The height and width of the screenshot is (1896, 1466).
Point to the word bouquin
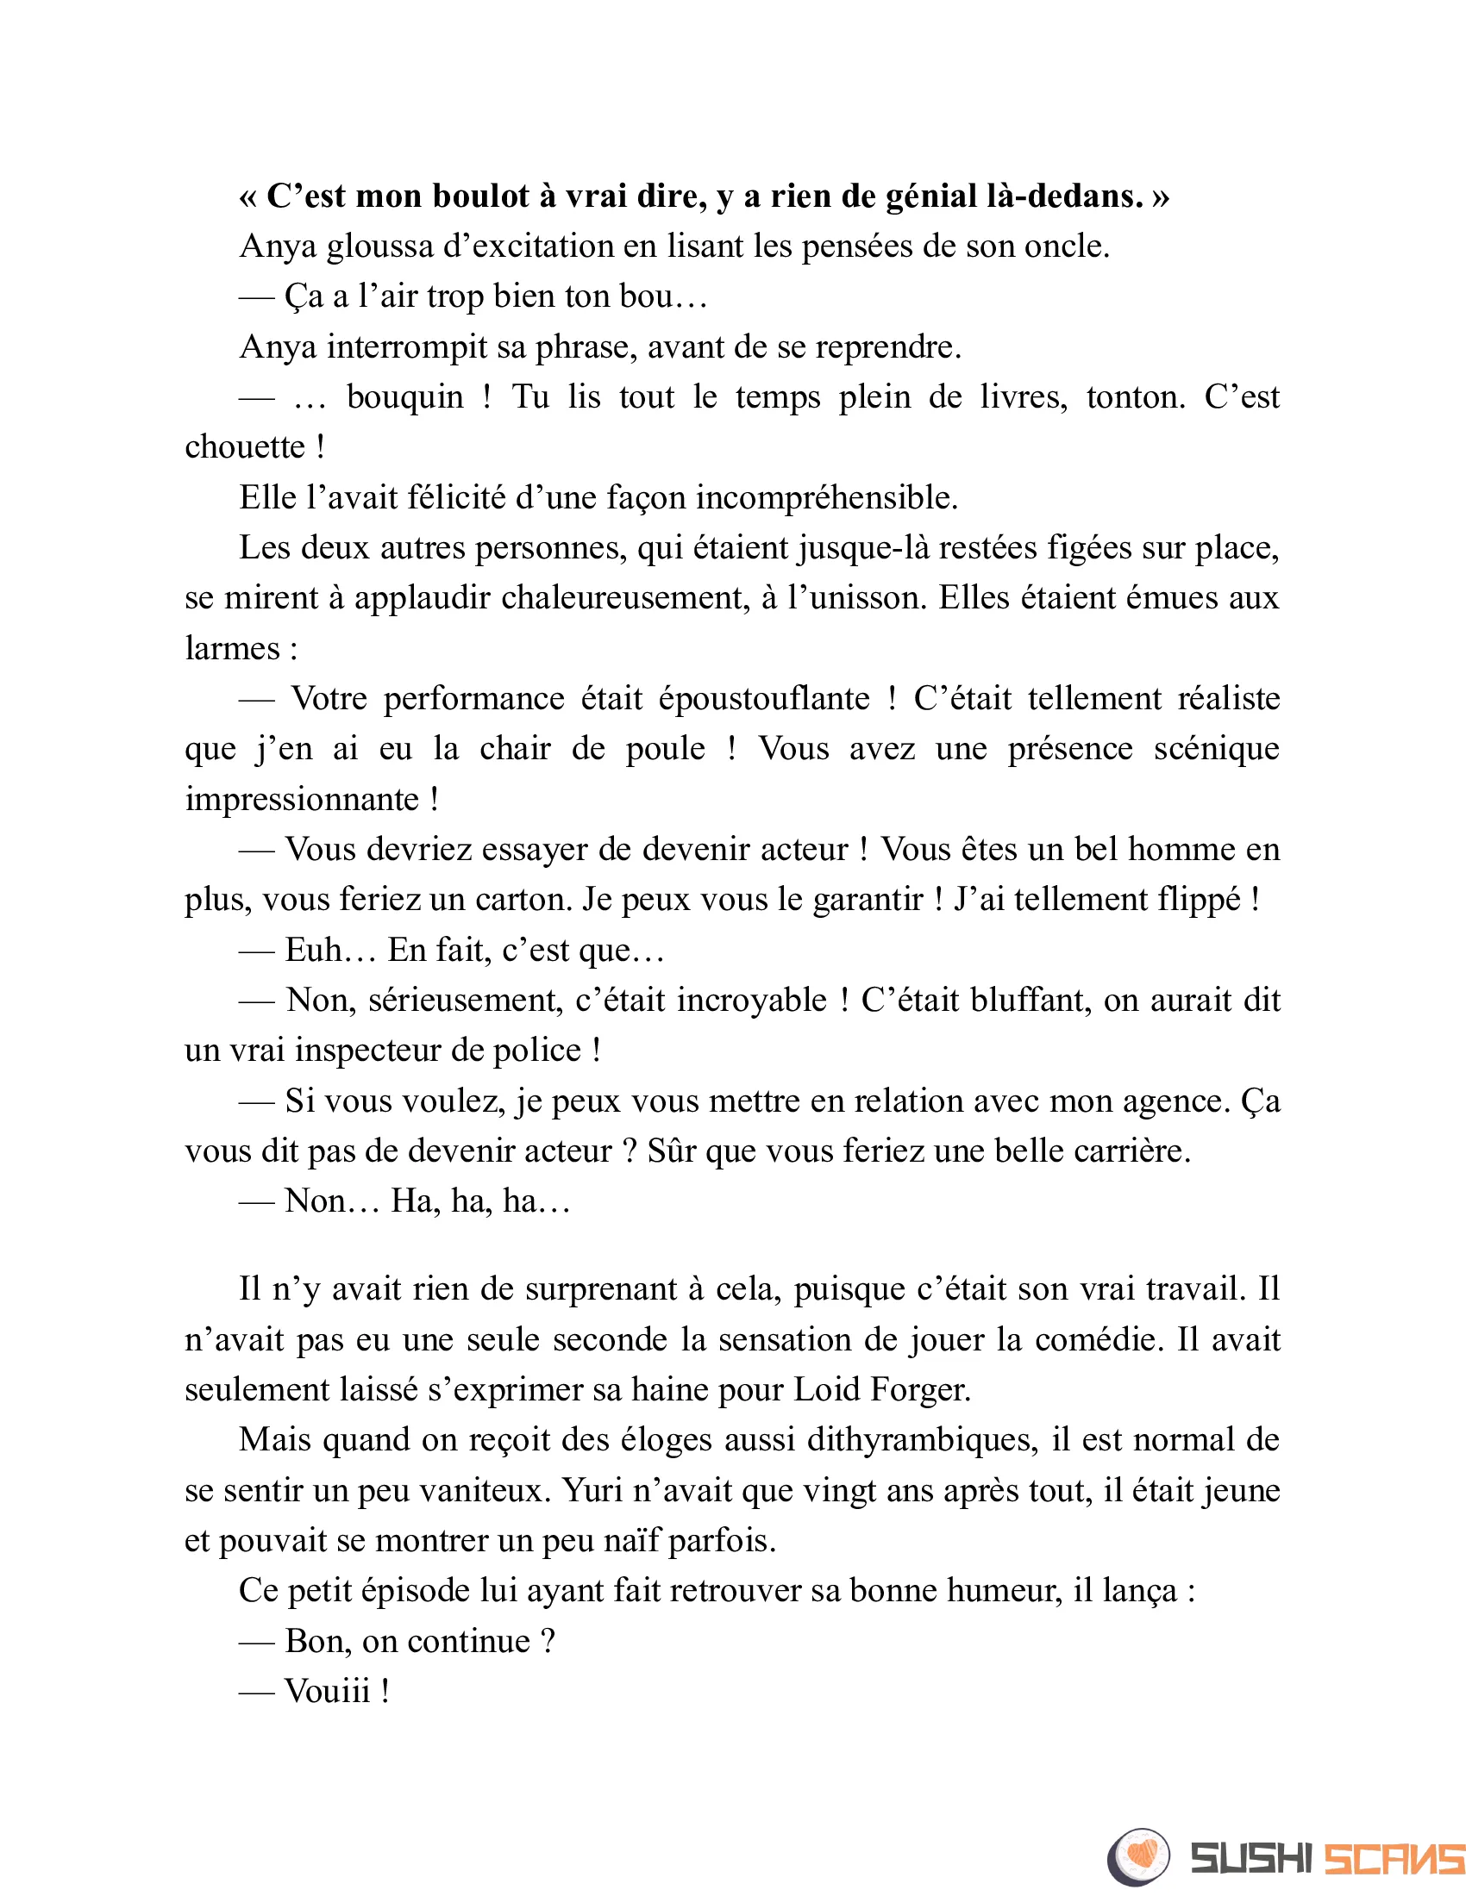(404, 397)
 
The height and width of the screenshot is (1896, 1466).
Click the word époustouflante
(763, 699)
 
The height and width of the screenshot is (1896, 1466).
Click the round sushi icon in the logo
(1138, 1856)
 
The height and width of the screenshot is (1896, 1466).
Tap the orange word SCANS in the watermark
(1394, 1859)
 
